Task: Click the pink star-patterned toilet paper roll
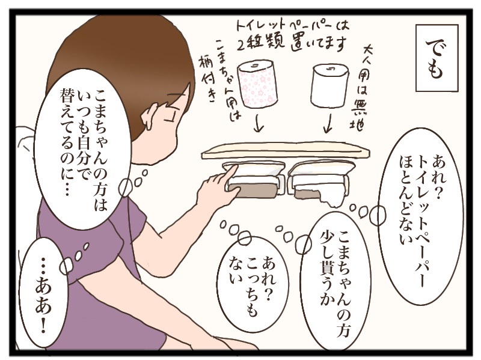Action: click(x=259, y=84)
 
